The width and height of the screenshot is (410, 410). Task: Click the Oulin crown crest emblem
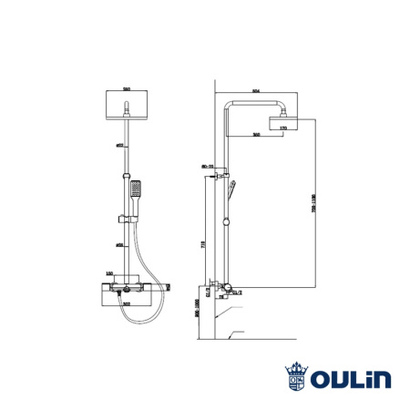295,376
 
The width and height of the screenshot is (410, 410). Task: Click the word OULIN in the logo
351,377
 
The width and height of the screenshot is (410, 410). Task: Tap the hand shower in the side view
234,191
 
